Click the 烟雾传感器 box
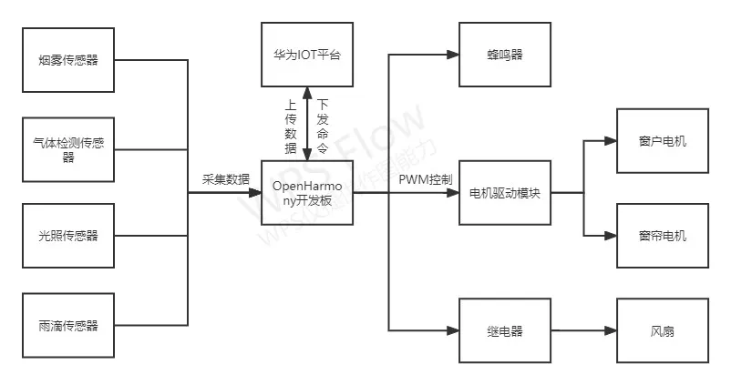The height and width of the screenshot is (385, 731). click(x=68, y=61)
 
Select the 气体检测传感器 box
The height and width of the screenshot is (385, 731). click(x=68, y=148)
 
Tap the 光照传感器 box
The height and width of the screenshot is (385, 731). click(x=68, y=236)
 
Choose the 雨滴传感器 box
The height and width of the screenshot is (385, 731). click(x=68, y=324)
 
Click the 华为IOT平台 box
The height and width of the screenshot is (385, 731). click(x=307, y=56)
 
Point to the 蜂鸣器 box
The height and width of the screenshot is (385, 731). click(x=505, y=56)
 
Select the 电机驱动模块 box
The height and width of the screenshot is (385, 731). click(x=505, y=193)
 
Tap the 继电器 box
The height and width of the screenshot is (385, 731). click(x=505, y=331)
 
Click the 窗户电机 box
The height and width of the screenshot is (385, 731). click(x=663, y=141)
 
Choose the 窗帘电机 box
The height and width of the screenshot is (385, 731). click(x=663, y=236)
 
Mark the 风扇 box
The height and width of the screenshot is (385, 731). click(x=663, y=331)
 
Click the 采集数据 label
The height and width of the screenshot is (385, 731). click(x=225, y=180)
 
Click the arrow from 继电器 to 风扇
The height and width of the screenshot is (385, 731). click(x=584, y=331)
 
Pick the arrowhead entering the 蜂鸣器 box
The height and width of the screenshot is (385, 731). click(x=453, y=56)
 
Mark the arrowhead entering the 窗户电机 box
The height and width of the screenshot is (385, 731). click(x=611, y=141)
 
